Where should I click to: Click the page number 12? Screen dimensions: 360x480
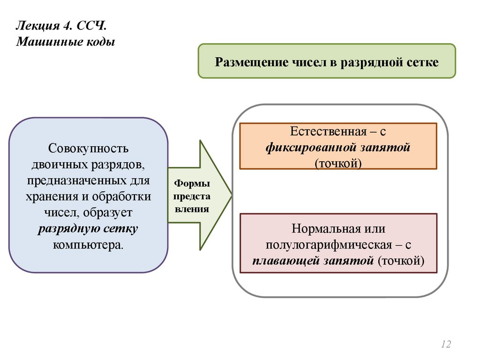coord(446,345)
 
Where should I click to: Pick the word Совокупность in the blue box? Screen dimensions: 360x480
coord(88,149)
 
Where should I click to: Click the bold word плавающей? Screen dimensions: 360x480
coord(284,260)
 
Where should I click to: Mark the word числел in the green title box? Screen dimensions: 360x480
coord(313,62)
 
